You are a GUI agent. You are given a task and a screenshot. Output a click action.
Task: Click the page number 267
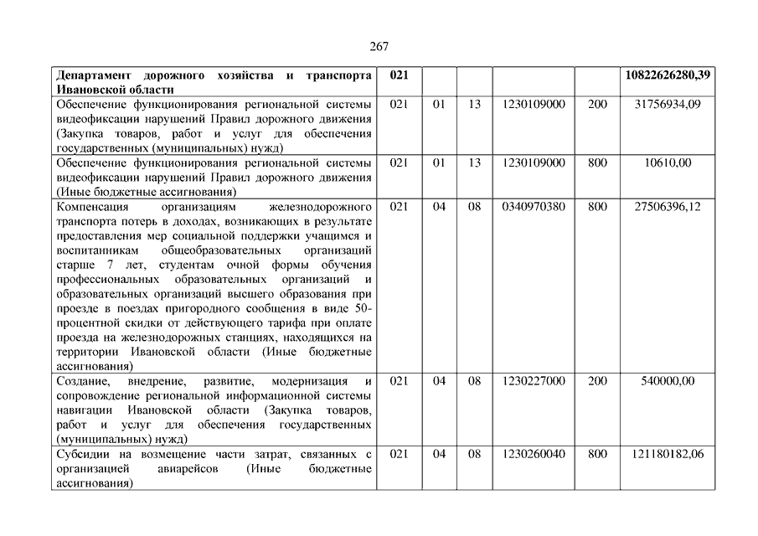pos(379,47)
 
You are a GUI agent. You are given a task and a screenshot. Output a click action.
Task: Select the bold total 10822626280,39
pos(668,75)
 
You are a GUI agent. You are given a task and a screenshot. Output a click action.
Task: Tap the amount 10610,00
pos(668,162)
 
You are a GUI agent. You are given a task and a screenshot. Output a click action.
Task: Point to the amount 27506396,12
pos(668,206)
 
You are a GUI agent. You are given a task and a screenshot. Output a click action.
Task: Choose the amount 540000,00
pos(668,381)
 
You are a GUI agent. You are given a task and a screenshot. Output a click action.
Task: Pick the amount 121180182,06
pos(668,454)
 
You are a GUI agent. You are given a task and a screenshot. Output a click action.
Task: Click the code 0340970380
pos(534,206)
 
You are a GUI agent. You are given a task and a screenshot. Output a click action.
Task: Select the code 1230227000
pos(534,381)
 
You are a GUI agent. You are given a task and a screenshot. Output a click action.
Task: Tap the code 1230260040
pos(534,454)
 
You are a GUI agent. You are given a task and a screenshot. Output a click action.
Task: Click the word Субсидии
pos(82,454)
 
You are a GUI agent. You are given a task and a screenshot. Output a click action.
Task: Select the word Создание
pos(81,381)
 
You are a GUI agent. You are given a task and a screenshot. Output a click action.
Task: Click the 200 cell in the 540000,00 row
pos(597,381)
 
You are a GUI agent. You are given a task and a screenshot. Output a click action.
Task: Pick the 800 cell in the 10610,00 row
pos(597,162)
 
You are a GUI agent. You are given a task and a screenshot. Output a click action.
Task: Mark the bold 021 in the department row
pos(400,75)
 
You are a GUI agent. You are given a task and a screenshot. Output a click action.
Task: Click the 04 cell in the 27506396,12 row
pos(440,206)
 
